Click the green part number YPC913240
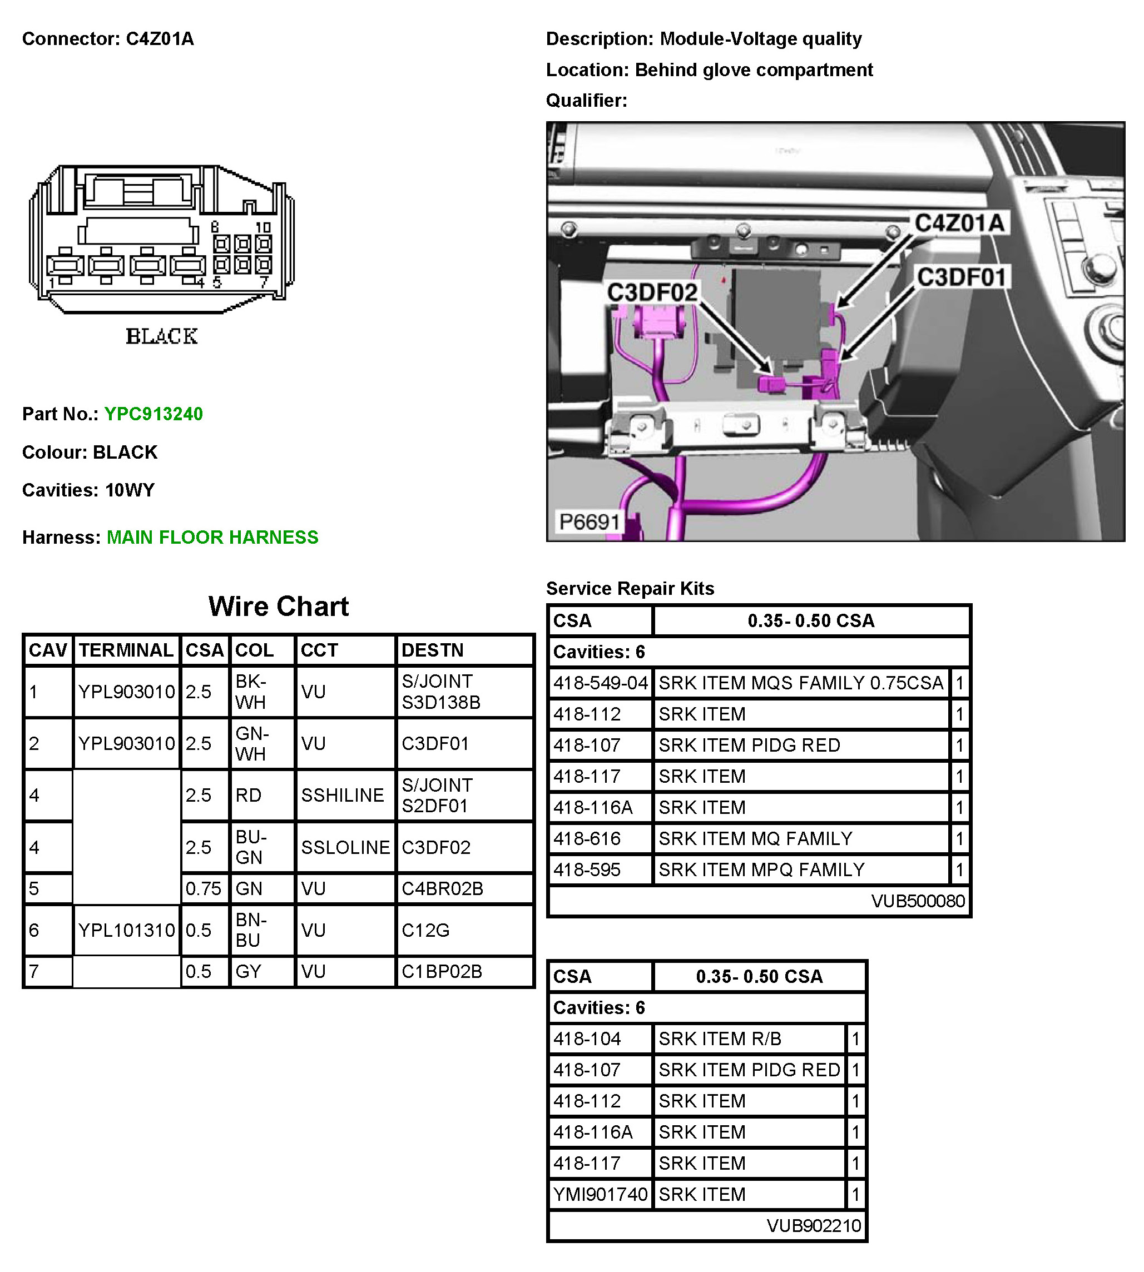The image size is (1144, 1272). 153,414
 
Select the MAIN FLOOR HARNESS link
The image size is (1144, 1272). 212,538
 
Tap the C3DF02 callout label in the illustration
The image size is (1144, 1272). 652,292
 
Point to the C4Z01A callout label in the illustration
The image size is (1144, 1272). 959,222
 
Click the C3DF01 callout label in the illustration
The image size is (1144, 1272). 962,277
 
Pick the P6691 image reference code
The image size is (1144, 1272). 590,521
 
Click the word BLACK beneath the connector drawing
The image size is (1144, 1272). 161,337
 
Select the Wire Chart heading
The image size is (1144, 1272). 279,607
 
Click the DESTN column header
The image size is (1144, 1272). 433,650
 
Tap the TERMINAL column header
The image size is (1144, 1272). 126,650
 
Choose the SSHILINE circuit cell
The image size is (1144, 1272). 342,795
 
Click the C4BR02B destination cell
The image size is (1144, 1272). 443,888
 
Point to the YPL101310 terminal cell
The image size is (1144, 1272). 126,930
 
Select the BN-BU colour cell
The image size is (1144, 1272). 251,930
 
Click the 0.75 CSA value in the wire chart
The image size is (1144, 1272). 203,888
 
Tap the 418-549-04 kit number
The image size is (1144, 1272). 600,683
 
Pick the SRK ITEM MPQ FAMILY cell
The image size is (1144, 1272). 761,870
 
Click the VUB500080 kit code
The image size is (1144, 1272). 918,901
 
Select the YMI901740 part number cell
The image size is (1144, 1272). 600,1195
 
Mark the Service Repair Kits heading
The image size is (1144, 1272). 630,589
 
